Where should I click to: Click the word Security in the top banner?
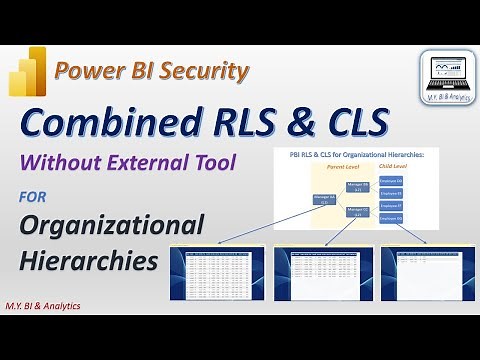(206, 71)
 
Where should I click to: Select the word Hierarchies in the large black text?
(89, 260)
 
